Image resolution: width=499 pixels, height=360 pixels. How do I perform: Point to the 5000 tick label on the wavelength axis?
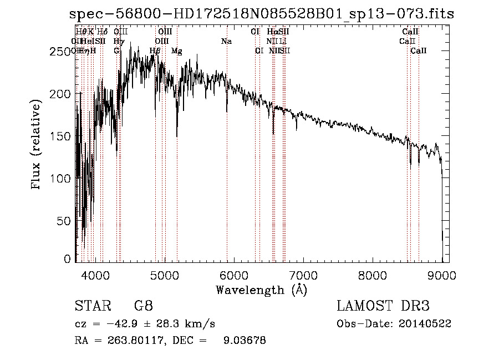164,275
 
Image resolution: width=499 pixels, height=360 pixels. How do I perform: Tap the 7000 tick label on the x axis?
303,275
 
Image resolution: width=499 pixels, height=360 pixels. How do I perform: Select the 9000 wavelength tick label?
442,275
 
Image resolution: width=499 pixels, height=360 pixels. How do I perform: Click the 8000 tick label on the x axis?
373,275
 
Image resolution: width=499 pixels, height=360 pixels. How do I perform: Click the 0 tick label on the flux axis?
68,259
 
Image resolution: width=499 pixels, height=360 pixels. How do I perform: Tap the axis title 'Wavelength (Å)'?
261,289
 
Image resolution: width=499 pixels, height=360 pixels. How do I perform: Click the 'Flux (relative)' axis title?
37,145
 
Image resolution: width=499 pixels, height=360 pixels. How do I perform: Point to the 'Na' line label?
226,41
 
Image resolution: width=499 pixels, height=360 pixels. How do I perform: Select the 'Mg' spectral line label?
177,51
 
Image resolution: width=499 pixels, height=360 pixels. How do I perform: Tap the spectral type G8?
143,306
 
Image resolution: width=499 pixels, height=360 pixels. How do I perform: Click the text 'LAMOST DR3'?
383,306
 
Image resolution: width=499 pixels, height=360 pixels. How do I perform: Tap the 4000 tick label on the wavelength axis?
95,275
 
